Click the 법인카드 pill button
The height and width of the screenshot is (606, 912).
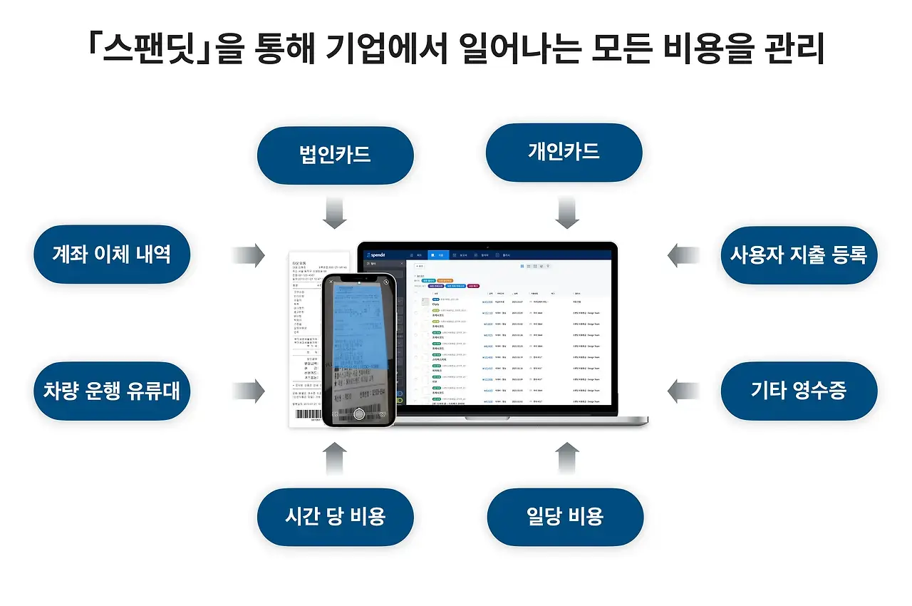pyautogui.click(x=335, y=155)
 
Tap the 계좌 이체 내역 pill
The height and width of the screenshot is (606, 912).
pyautogui.click(x=112, y=255)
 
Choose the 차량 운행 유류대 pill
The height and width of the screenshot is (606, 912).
pyautogui.click(x=112, y=391)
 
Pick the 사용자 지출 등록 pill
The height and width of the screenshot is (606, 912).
pyautogui.click(x=799, y=255)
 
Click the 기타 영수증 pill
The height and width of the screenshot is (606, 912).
pyautogui.click(x=799, y=391)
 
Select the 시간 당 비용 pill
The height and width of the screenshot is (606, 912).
pyautogui.click(x=335, y=516)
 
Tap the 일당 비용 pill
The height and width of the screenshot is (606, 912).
pyautogui.click(x=565, y=516)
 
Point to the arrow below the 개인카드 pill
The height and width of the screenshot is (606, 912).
pyautogui.click(x=566, y=213)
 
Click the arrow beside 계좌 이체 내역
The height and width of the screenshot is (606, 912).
pyautogui.click(x=249, y=255)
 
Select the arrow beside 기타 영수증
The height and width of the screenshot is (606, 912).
pyautogui.click(x=684, y=391)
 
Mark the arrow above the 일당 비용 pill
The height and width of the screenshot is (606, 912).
pyautogui.click(x=566, y=458)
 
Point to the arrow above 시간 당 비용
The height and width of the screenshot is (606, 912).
pyautogui.click(x=335, y=458)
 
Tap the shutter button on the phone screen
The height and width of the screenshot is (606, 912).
pyautogui.click(x=359, y=414)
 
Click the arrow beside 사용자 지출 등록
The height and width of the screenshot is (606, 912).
pyautogui.click(x=684, y=255)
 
